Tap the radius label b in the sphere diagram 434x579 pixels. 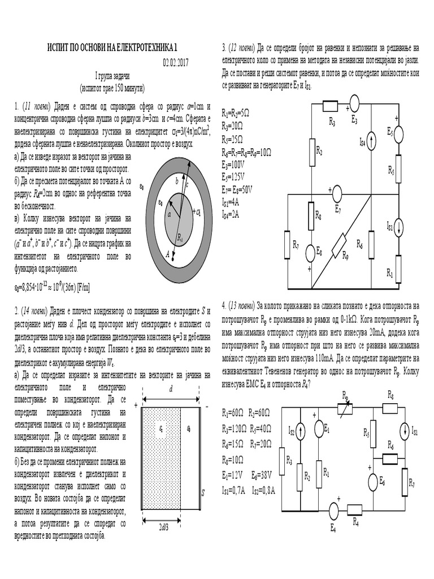pos(177,182)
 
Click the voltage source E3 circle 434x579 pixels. pos(354,102)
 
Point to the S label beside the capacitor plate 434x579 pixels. pos(202,492)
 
